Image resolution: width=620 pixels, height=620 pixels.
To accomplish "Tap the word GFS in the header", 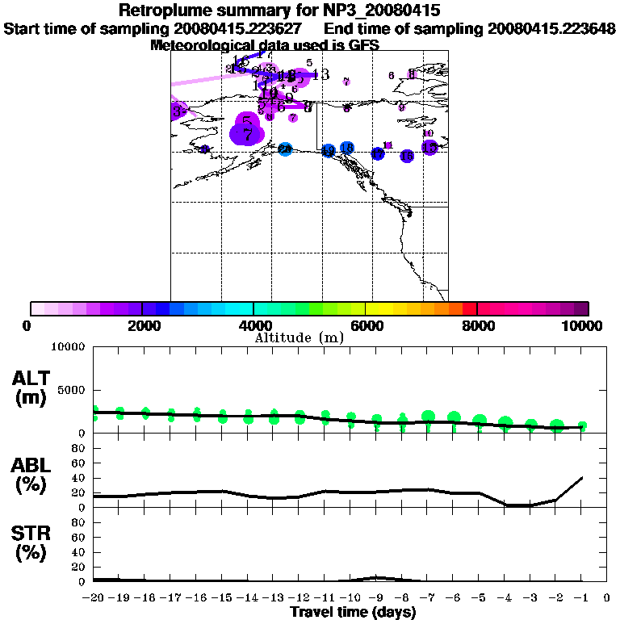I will [x=363, y=45].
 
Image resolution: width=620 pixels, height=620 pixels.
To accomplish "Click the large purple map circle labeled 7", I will [x=247, y=134].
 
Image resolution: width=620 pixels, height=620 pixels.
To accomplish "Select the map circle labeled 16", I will [x=429, y=147].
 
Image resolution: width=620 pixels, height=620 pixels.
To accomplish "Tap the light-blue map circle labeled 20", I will [x=285, y=149].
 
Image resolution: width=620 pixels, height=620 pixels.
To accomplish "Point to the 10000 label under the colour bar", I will [x=583, y=325].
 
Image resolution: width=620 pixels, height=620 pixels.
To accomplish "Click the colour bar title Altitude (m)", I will [x=299, y=337].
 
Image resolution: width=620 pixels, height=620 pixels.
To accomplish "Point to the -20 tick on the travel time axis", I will [x=94, y=598].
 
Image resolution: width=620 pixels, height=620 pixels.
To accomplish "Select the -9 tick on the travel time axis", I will [x=376, y=598].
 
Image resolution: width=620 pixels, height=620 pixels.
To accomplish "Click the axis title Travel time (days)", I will [x=353, y=612].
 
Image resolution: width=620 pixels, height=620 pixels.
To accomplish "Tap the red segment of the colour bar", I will [x=470, y=308].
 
